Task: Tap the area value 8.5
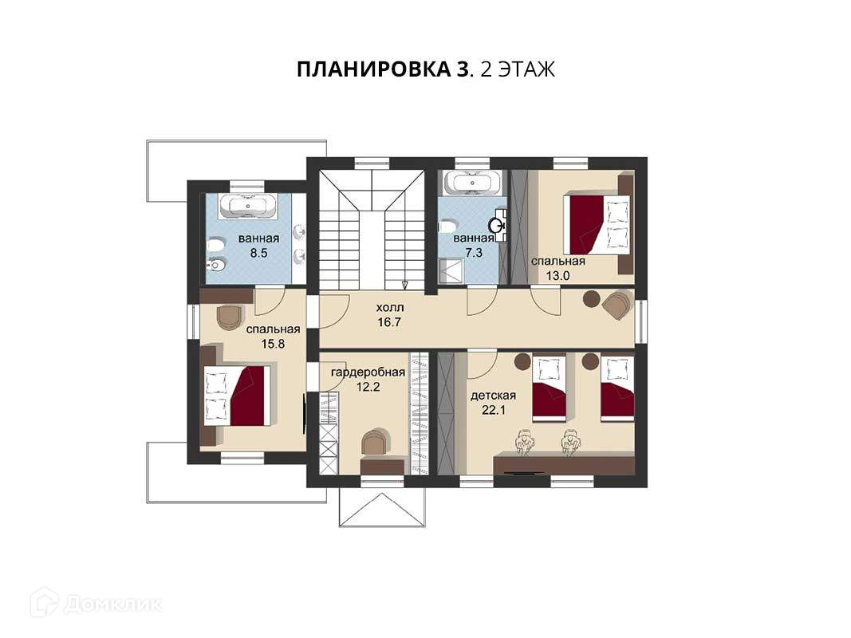pos(259,253)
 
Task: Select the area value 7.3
pos(474,252)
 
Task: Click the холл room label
pos(390,308)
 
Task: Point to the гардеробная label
pos(368,372)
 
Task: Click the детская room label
pos(493,396)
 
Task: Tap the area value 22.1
pos(494,410)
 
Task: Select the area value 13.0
pos(558,276)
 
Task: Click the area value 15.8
pos(273,344)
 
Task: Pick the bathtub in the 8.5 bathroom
pos(247,207)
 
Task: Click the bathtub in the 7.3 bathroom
pos(471,183)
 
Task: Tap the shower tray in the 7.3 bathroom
pos(451,270)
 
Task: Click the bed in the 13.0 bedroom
pos(598,225)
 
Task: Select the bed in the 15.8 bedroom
pos(237,396)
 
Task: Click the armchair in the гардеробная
pos(376,442)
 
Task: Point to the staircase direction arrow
pos(405,285)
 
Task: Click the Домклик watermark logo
pos(44,602)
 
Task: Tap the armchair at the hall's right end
pos(617,305)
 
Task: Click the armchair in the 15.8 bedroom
pos(228,317)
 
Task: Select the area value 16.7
pos(390,322)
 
